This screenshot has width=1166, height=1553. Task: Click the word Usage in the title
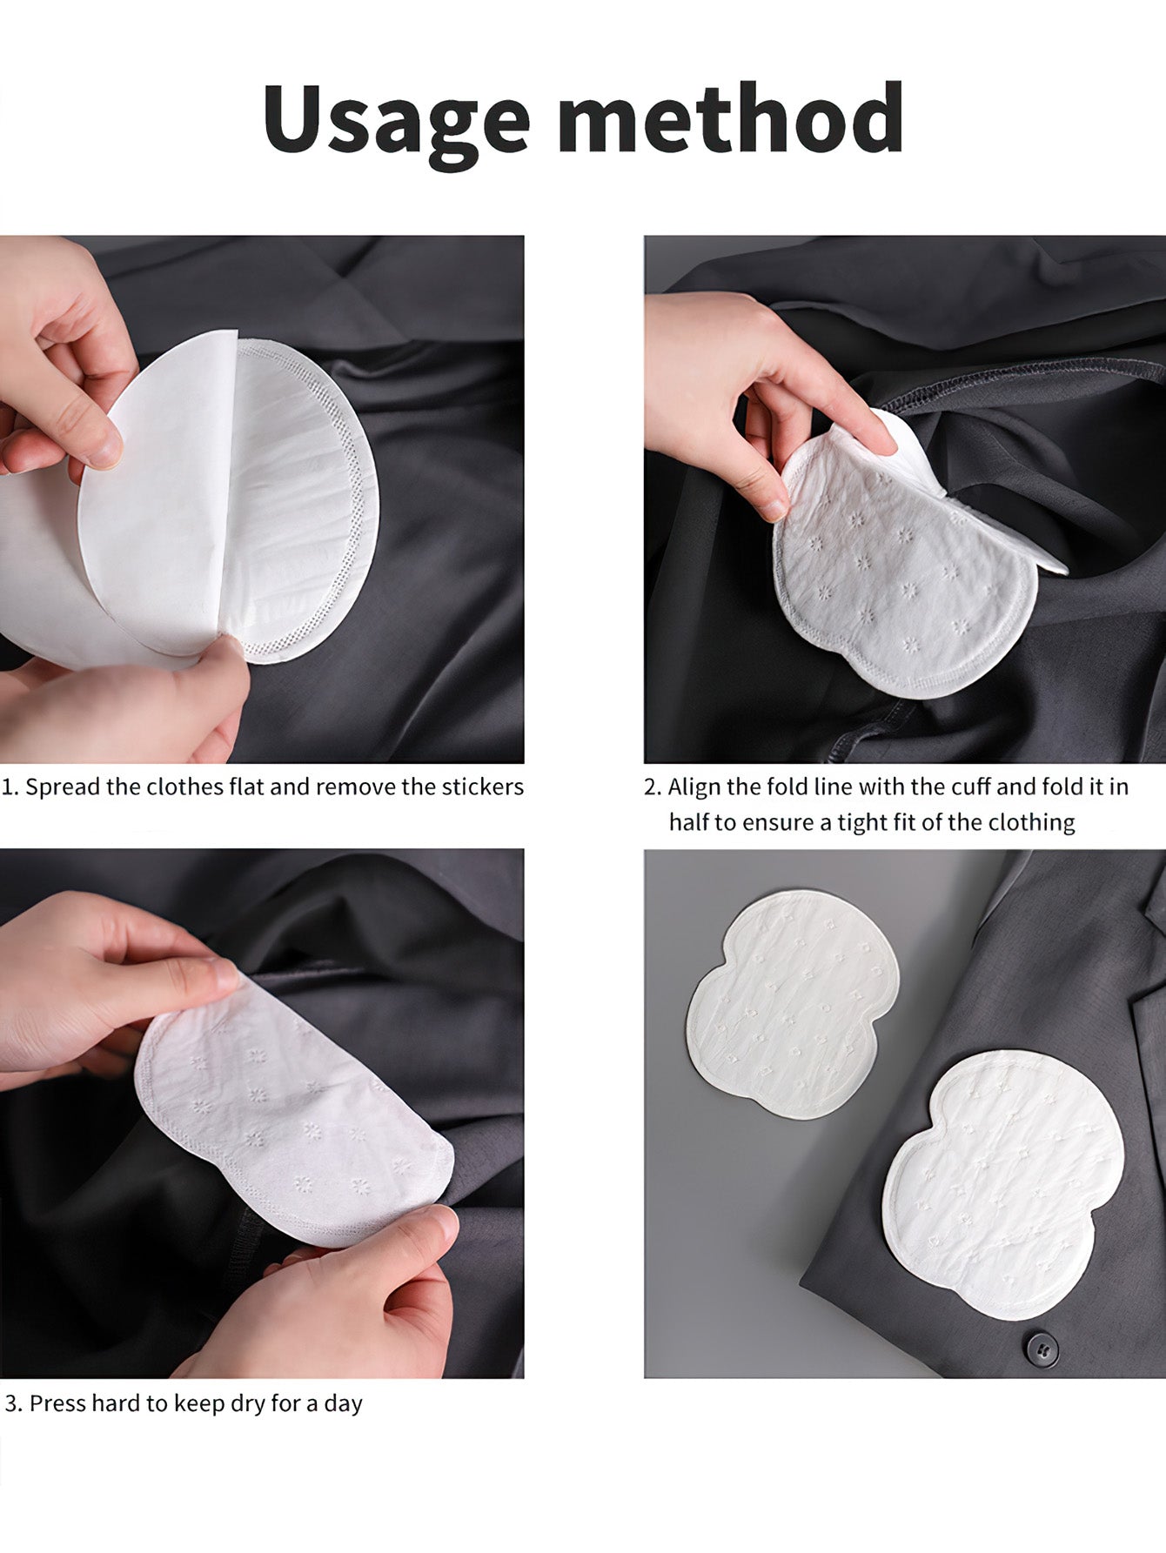click(x=397, y=120)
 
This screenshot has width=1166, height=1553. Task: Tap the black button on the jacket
click(x=1041, y=1348)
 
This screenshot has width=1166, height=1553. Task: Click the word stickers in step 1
click(x=483, y=787)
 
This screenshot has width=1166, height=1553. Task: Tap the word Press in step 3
click(x=57, y=1403)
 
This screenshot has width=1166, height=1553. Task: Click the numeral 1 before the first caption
click(x=8, y=788)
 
